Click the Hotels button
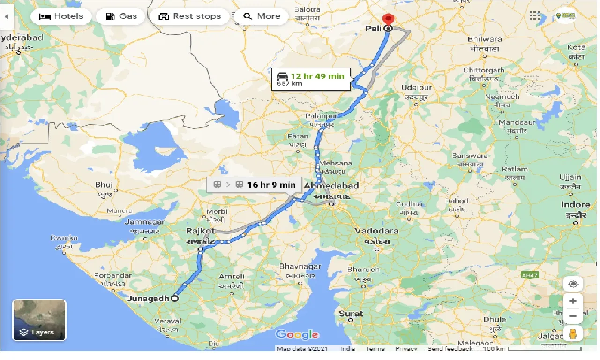point(61,16)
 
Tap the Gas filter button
point(121,16)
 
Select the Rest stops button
point(190,16)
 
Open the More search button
point(262,16)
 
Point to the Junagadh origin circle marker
point(175,298)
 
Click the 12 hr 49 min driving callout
point(311,79)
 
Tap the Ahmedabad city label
point(331,186)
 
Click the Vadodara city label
point(376,231)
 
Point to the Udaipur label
point(416,88)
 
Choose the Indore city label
point(575,205)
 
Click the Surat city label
point(351,314)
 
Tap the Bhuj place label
point(104,185)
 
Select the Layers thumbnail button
point(39,320)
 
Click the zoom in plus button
point(573,301)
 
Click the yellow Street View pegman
point(573,334)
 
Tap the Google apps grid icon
point(535,16)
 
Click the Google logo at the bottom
point(297,334)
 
